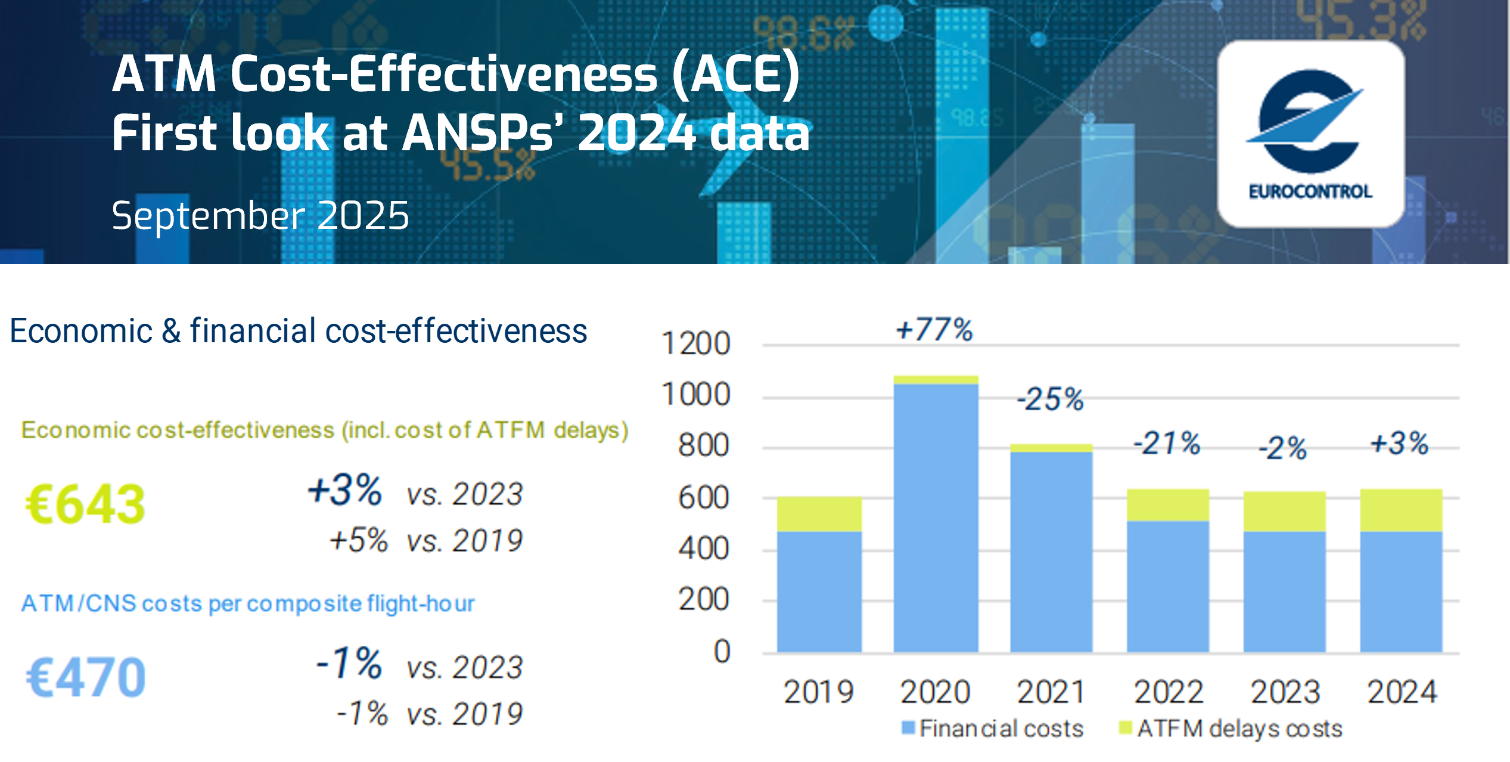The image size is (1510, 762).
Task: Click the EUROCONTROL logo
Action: coord(1310,134)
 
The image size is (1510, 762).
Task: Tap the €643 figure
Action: coord(85,504)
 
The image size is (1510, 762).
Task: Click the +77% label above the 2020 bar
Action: coord(934,330)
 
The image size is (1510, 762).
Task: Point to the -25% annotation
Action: coord(1050,399)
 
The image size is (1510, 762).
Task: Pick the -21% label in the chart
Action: coord(1166,444)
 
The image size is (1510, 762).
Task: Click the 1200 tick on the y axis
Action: coord(695,344)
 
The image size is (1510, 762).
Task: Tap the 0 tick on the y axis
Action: coord(722,651)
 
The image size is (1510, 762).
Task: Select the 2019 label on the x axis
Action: coord(818,692)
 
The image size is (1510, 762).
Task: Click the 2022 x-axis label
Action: coord(1168,692)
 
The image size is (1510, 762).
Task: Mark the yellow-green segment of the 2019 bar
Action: coord(819,514)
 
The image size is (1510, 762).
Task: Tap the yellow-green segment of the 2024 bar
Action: coord(1401,510)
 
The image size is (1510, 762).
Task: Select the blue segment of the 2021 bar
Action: coord(1051,552)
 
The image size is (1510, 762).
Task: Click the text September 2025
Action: coord(260,215)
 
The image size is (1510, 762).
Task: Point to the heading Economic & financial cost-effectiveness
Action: coord(298,331)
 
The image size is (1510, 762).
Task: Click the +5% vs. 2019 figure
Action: coord(425,540)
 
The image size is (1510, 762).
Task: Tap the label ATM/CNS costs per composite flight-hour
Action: coord(248,603)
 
